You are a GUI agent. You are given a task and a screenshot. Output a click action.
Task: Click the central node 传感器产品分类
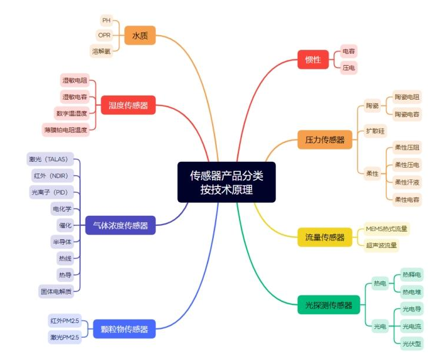click(226, 182)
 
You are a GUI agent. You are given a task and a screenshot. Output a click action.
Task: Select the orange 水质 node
click(139, 36)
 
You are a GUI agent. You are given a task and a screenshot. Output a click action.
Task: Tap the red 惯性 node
click(313, 59)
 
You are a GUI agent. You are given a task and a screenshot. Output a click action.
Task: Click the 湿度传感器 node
click(128, 106)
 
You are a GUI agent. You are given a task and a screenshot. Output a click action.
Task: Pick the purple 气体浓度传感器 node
click(120, 225)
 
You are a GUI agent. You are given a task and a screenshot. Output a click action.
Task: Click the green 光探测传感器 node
click(328, 305)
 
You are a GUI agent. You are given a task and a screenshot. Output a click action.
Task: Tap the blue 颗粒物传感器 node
click(124, 329)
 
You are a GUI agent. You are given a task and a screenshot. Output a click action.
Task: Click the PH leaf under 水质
click(106, 21)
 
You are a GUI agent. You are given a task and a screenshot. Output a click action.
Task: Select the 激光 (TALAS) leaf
click(52, 159)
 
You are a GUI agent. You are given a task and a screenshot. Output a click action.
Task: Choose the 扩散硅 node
click(375, 131)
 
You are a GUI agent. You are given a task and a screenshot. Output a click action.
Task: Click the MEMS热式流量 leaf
click(386, 229)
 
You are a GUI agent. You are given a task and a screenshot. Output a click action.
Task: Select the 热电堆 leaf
click(411, 291)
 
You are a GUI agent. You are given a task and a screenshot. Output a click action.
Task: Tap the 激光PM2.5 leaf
click(64, 337)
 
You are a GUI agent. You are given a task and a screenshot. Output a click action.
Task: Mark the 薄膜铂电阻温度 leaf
click(66, 129)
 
